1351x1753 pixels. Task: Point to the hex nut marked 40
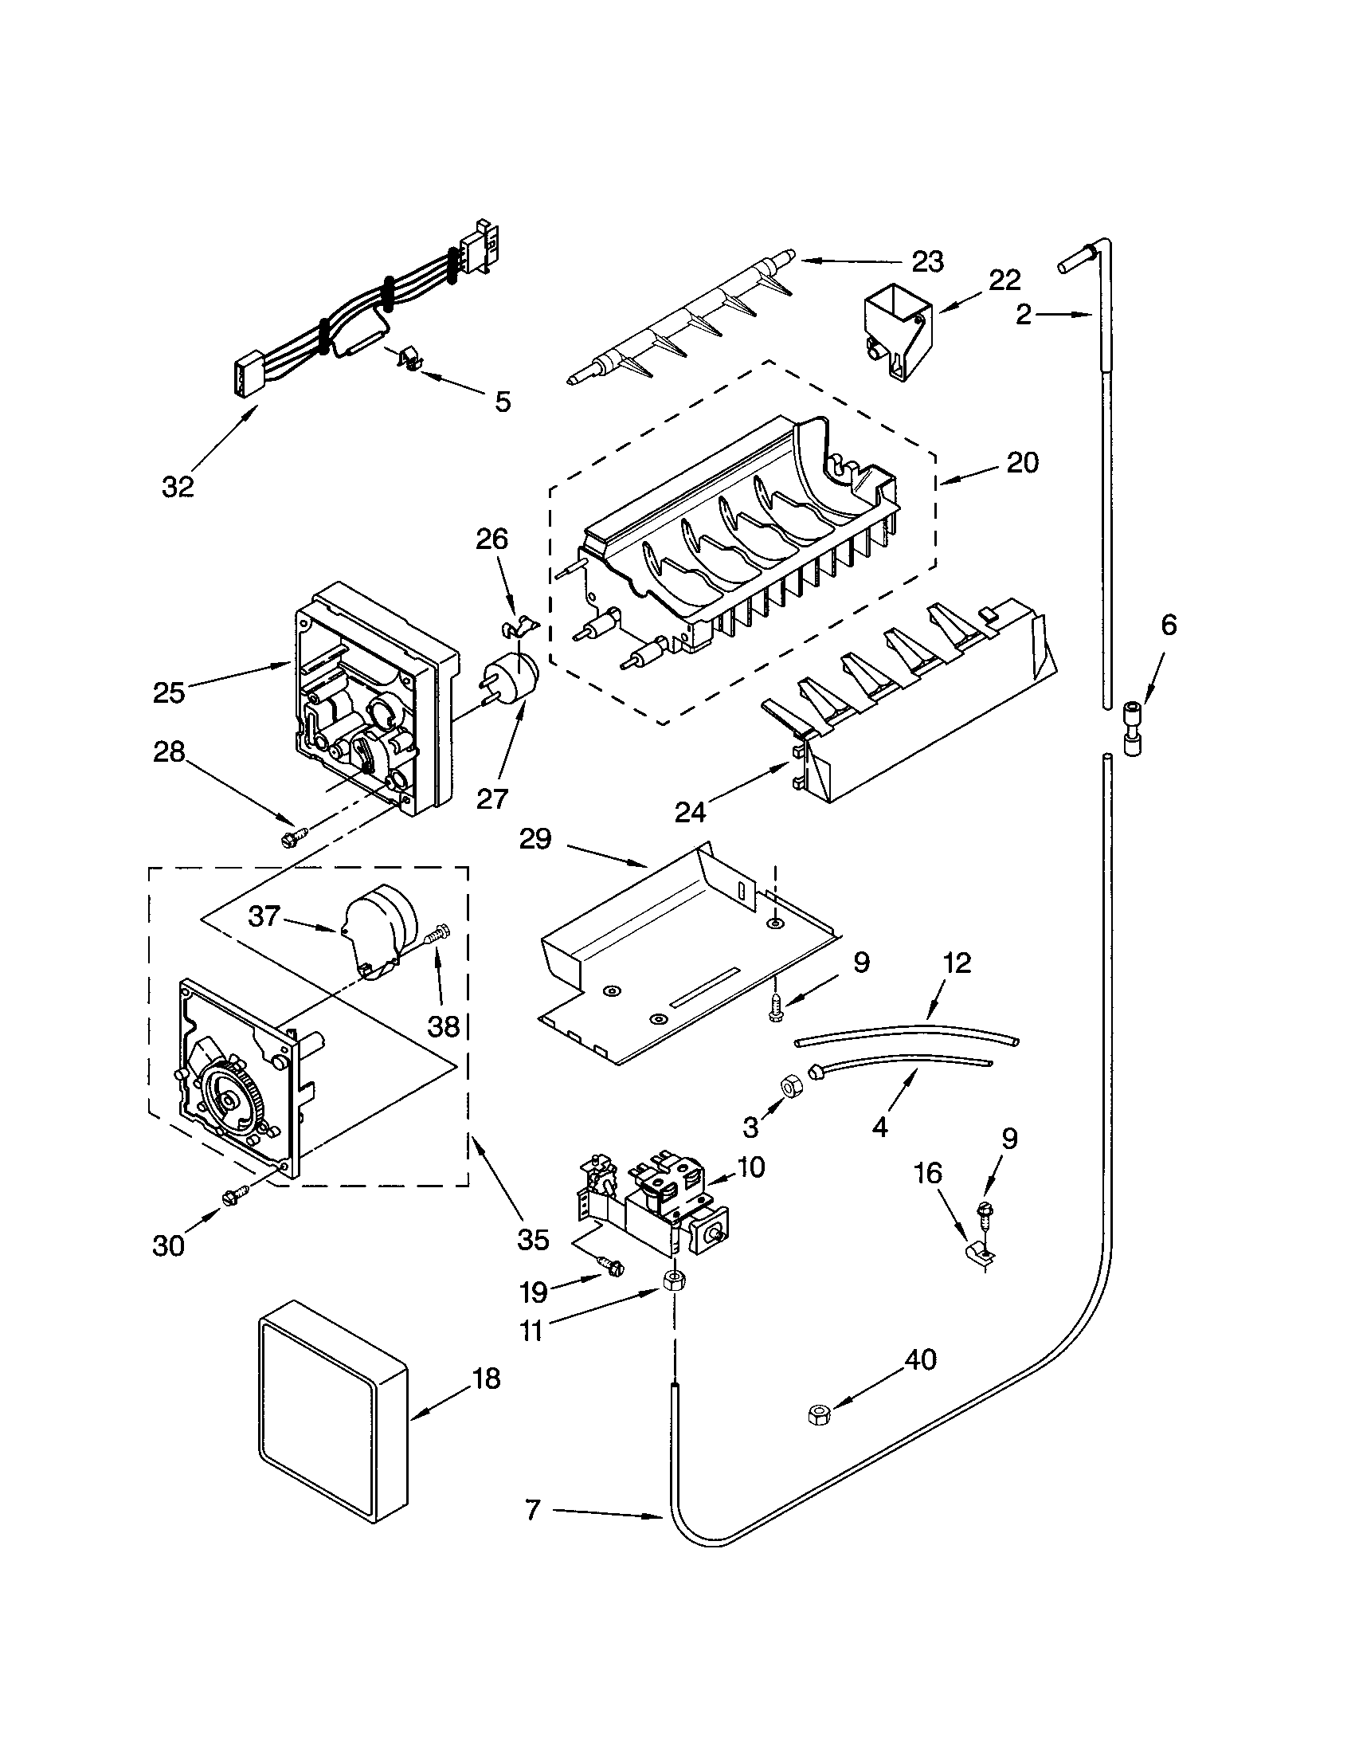coord(817,1416)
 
